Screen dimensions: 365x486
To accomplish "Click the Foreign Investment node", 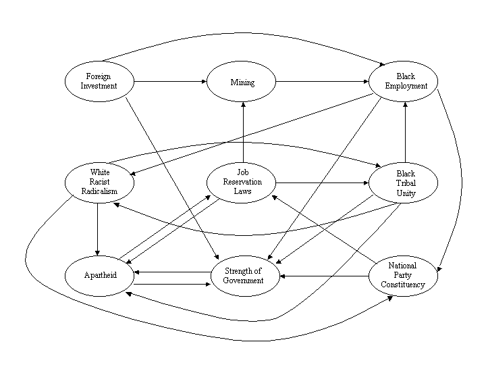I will pyautogui.click(x=99, y=81).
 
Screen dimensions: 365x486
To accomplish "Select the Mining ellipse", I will pyautogui.click(x=242, y=82).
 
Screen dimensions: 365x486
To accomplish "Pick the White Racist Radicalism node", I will pyautogui.click(x=99, y=182).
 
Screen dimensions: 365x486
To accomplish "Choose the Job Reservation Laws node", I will pyautogui.click(x=243, y=182).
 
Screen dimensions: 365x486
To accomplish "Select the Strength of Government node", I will pyautogui.click(x=243, y=276).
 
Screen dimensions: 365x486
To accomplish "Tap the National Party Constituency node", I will pyautogui.click(x=403, y=275).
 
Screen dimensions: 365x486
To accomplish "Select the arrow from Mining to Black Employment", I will pyautogui.click(x=323, y=82).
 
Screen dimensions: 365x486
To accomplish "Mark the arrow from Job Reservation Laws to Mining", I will pyautogui.click(x=243, y=131).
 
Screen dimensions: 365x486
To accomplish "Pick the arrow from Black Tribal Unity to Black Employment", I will pyautogui.click(x=405, y=132).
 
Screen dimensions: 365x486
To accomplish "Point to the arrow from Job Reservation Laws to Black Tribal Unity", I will pyautogui.click(x=323, y=182).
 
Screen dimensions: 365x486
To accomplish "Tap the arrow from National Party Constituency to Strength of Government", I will pyautogui.click(x=325, y=276).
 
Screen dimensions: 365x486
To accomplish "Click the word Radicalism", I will pyautogui.click(x=99, y=191).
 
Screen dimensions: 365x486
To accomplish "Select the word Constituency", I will pyautogui.click(x=403, y=285).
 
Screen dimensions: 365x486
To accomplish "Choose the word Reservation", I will pyautogui.click(x=243, y=182).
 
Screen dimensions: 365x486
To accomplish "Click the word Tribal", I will pyautogui.click(x=406, y=183).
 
